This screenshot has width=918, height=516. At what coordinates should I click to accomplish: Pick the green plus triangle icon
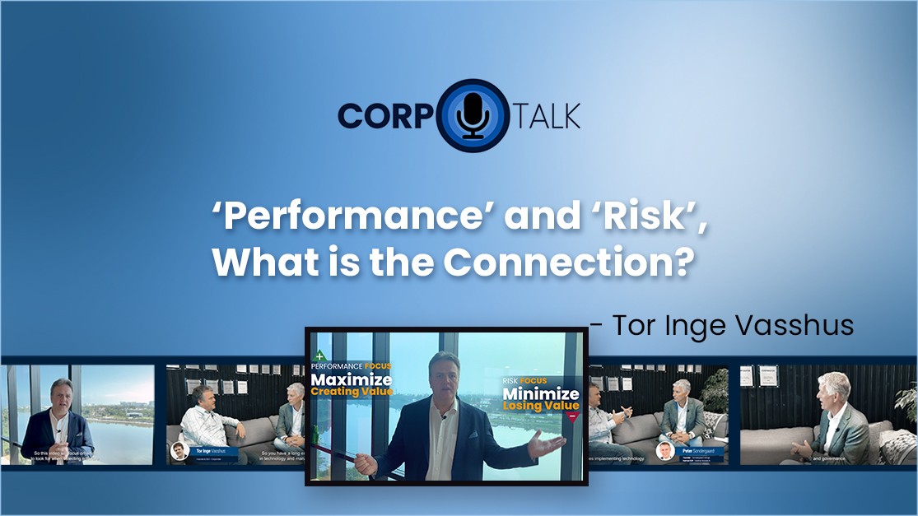point(318,357)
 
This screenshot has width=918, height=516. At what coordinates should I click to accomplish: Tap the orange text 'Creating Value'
point(352,392)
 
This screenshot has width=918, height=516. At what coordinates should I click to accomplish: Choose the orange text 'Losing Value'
point(541,406)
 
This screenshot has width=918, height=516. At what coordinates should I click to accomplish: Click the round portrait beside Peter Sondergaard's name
point(664,451)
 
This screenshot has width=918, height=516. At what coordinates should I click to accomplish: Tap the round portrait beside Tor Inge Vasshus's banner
point(179,451)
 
